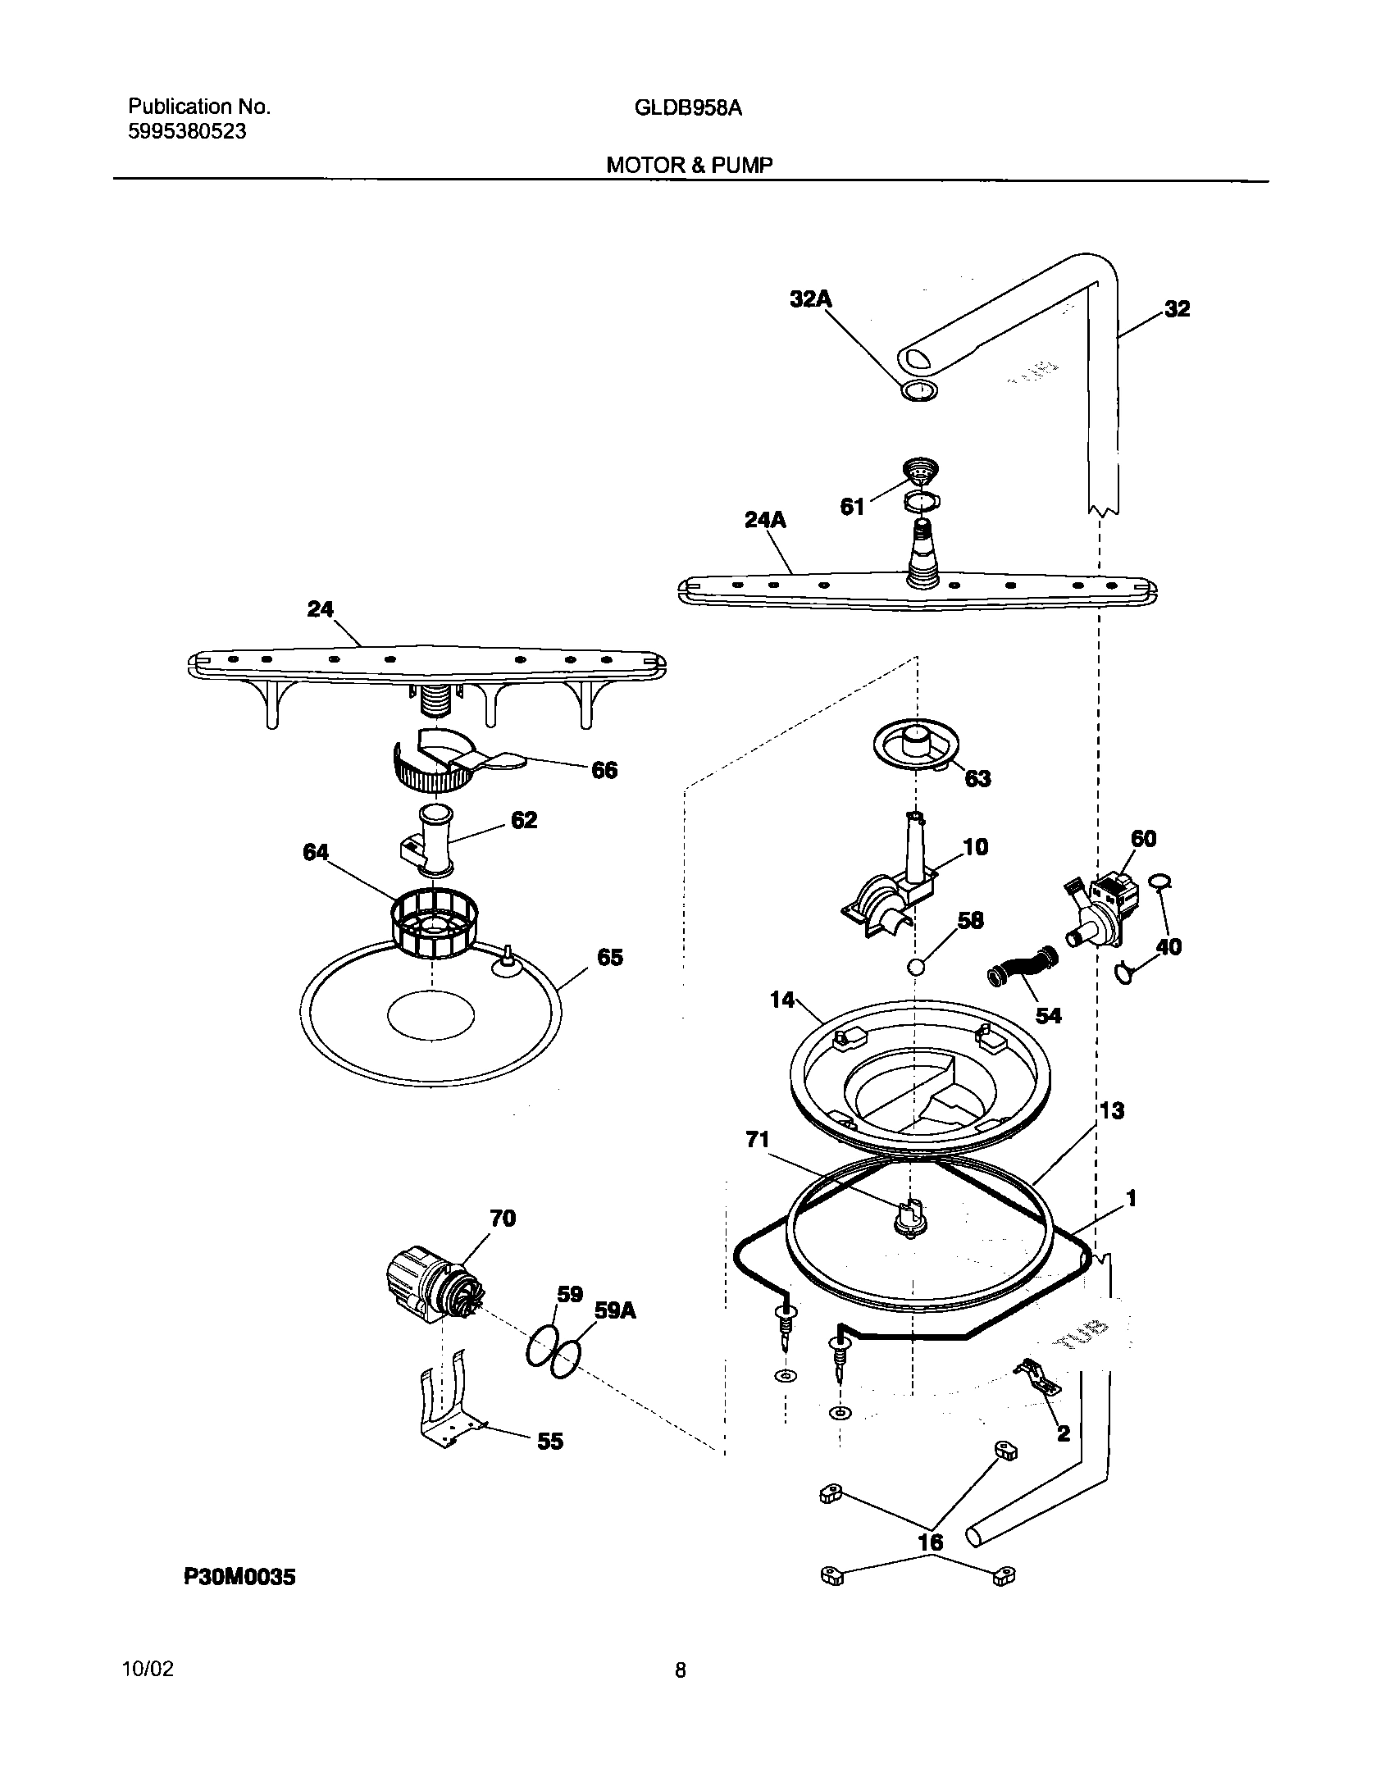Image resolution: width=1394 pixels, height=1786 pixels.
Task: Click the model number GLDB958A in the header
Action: click(x=688, y=107)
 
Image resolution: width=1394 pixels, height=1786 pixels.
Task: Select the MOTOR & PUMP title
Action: click(x=689, y=165)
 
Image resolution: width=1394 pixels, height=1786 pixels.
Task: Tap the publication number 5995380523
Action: click(x=187, y=131)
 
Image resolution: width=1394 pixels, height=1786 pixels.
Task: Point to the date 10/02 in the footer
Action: click(x=148, y=1670)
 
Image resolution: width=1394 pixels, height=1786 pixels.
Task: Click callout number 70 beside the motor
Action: click(x=502, y=1242)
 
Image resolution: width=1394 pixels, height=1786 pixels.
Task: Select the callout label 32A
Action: click(x=810, y=299)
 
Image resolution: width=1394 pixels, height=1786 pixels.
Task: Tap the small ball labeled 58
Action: click(x=916, y=968)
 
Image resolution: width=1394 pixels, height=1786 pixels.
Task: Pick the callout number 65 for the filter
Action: click(x=610, y=957)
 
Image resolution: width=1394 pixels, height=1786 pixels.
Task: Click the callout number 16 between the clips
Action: click(x=930, y=1542)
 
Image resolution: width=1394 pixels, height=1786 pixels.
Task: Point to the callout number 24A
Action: click(x=764, y=520)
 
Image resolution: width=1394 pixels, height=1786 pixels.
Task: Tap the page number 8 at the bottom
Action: click(x=680, y=1670)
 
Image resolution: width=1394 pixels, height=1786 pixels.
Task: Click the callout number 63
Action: click(x=977, y=778)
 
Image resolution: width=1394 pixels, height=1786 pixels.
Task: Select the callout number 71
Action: click(x=757, y=1139)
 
